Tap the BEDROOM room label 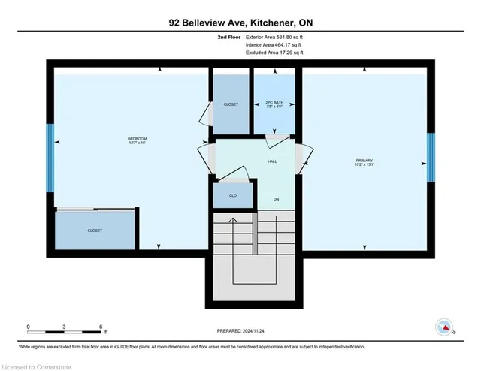[x=136, y=140]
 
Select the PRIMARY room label [x=365, y=161]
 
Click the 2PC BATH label [x=274, y=104]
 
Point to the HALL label [x=274, y=161]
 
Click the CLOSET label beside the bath [x=230, y=104]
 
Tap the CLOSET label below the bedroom [x=95, y=231]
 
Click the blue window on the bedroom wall [x=50, y=158]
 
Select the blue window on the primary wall [x=431, y=158]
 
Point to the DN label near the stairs [x=276, y=199]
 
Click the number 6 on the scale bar [x=101, y=326]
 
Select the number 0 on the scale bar [x=29, y=326]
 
